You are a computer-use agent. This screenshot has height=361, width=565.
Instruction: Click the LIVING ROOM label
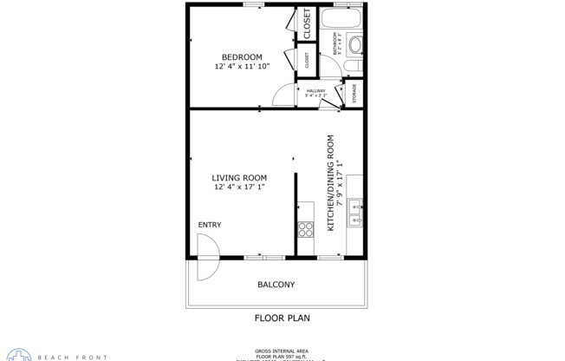click(x=239, y=178)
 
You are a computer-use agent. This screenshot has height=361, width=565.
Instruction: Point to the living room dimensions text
click(x=239, y=187)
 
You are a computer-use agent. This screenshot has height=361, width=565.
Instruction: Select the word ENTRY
click(x=210, y=225)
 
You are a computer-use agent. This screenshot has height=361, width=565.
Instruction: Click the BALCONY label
click(x=276, y=285)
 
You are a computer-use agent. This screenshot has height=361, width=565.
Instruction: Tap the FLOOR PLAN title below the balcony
click(x=282, y=318)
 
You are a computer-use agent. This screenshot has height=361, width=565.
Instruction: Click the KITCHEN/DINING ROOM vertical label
click(x=330, y=182)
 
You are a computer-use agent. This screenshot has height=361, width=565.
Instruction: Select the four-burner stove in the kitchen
click(x=306, y=229)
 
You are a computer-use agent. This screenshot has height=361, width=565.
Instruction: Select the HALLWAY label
click(x=315, y=90)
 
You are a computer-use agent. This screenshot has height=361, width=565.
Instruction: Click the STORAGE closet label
click(x=354, y=94)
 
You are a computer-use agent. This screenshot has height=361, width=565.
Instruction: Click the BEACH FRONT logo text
click(x=78, y=357)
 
